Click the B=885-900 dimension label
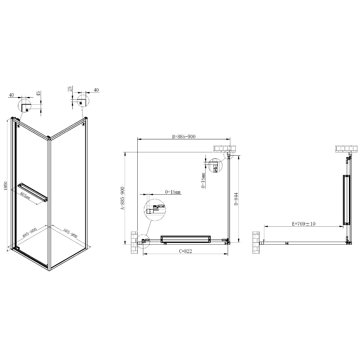coord(184,137)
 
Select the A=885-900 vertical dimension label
coord(123,198)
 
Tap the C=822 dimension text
coord(185,251)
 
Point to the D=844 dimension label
coord(236,199)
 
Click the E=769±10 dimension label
coord(304,224)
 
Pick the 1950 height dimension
coord(6,186)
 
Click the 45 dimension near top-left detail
coord(39,93)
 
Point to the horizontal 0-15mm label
coord(173,192)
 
